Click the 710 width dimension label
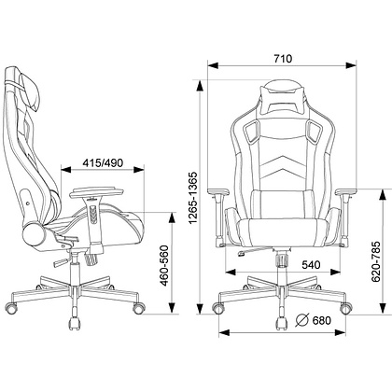283,59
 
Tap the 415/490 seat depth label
103,162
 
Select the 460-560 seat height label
164,266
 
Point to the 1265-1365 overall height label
193,198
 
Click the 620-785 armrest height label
376,261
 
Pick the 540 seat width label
311,265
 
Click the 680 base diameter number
321,320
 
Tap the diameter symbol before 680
301,320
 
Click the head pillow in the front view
283,97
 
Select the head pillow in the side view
30,90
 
